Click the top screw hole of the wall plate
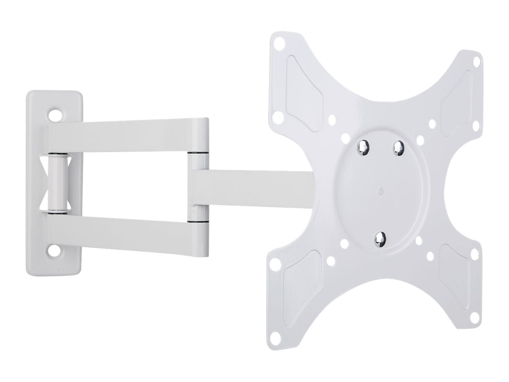[56, 114]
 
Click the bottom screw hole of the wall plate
[56, 250]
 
